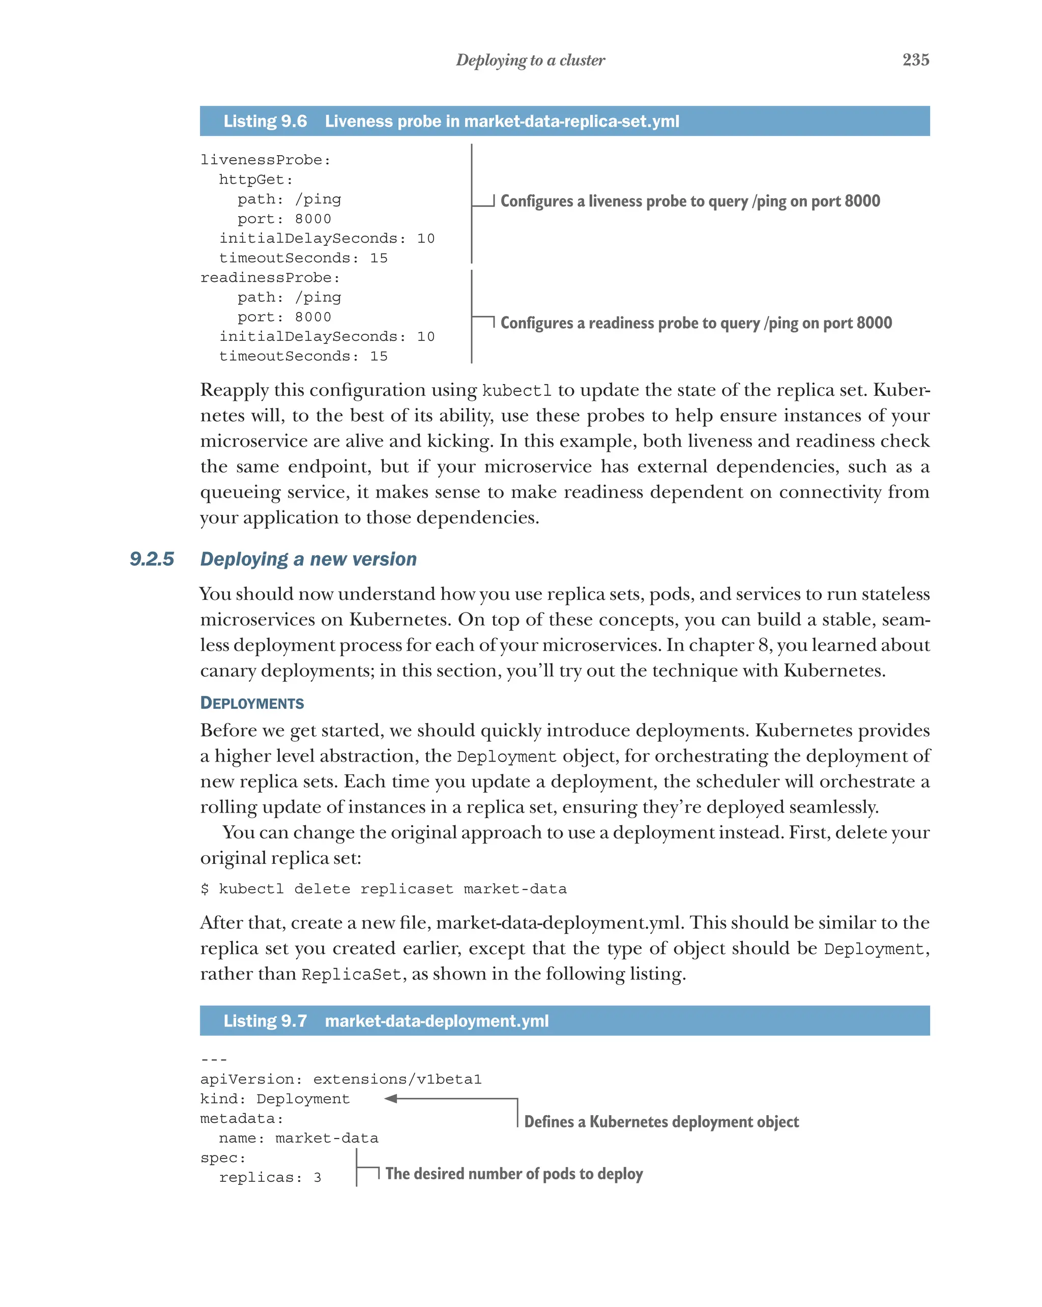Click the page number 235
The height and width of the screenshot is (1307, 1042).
coord(915,60)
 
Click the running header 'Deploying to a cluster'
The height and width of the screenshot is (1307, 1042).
coord(530,60)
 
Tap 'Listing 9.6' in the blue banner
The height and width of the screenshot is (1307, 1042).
coord(265,121)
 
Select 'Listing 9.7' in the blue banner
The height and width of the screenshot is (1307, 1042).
coord(265,1021)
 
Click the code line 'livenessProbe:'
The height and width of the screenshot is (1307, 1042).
coord(266,160)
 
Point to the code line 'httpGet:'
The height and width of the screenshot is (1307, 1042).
coord(256,180)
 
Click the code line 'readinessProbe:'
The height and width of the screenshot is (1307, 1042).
coord(270,278)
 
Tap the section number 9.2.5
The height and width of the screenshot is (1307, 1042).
coord(152,559)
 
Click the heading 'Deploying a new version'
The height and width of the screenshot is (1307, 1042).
coord(308,559)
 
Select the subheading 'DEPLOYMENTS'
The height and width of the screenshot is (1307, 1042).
coord(252,703)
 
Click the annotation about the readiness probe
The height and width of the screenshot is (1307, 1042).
coord(696,323)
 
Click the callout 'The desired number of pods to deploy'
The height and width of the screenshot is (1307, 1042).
coord(513,1174)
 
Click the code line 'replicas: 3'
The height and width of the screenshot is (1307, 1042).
coord(270,1177)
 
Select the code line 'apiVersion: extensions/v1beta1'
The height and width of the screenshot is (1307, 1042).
coord(341,1079)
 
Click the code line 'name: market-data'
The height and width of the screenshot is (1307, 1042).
coord(298,1138)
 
